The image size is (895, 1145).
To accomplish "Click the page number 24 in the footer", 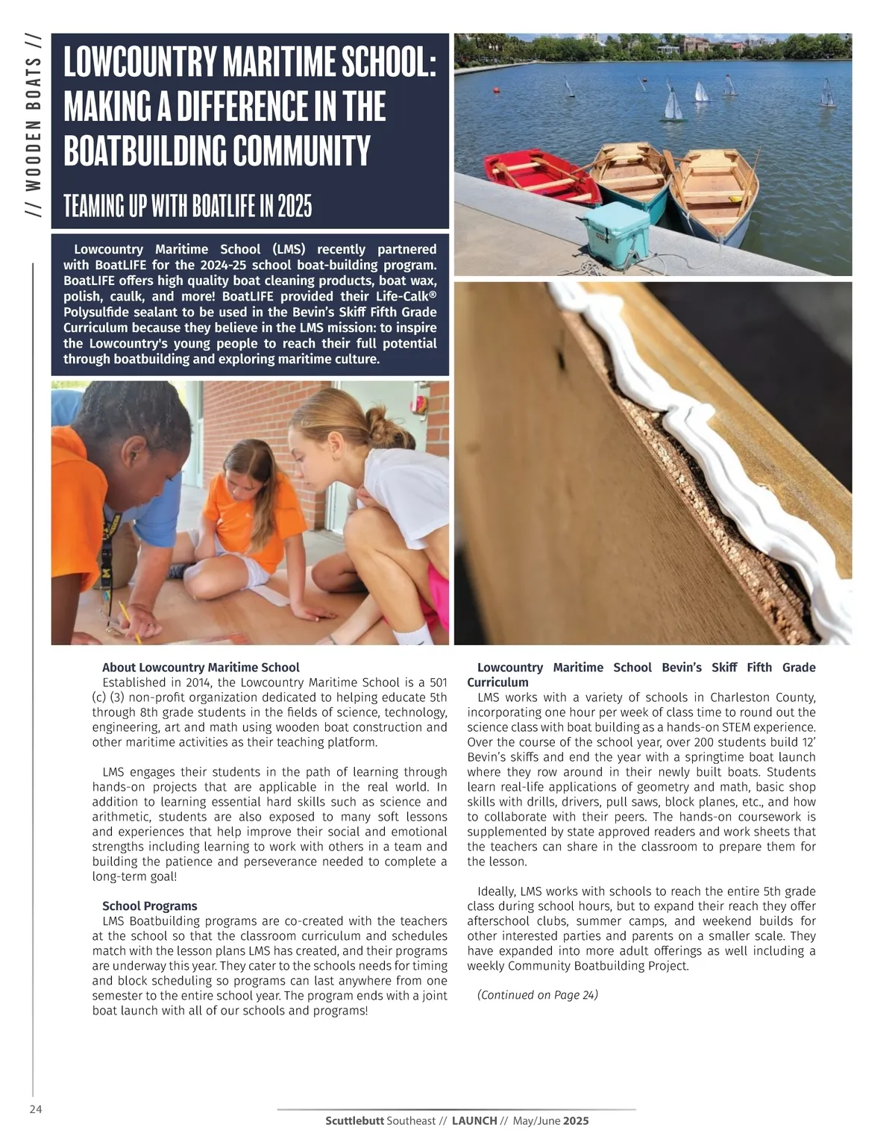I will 36,1109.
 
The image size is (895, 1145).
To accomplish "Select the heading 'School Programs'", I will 149,906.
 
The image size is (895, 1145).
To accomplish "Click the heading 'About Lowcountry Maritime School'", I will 201,667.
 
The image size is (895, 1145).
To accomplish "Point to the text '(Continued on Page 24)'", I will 537,994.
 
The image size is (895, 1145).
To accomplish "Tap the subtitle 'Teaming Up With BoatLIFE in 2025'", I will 187,205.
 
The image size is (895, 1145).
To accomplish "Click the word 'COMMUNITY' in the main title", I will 291,151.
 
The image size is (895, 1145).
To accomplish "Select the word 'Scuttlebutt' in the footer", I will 354,1120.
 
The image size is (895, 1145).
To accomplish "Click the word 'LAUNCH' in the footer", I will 474,1120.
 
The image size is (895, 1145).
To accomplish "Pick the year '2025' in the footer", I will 576,1120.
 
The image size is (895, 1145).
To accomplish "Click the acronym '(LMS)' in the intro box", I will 289,249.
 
